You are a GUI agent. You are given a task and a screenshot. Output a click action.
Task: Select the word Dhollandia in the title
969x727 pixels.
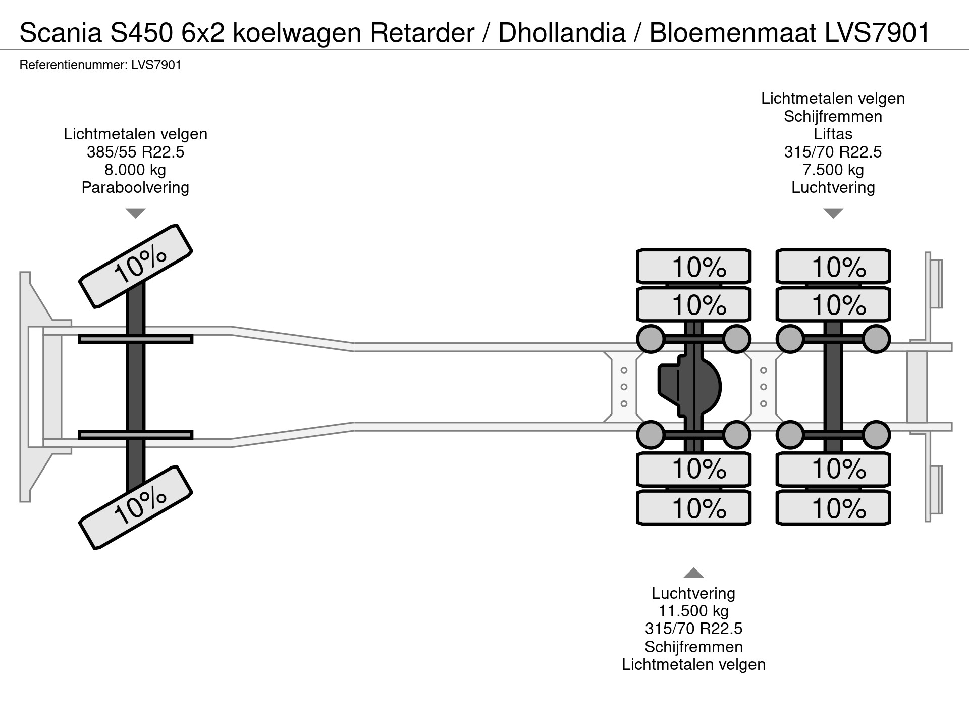point(562,33)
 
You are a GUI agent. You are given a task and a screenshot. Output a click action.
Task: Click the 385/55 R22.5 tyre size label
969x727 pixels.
point(135,152)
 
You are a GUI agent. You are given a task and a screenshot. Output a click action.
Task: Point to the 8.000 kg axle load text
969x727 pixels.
point(135,170)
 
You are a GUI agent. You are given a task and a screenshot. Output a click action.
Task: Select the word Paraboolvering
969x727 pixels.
point(135,188)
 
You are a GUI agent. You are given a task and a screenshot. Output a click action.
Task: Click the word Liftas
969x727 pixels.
point(833,134)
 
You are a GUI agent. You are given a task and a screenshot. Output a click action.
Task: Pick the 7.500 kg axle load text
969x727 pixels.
point(833,170)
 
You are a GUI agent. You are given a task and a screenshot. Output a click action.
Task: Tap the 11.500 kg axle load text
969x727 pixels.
point(693,611)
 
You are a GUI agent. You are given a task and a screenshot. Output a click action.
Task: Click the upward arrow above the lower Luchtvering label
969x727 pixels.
point(693,573)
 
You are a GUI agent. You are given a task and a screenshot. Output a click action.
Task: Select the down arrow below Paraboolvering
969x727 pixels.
point(135,214)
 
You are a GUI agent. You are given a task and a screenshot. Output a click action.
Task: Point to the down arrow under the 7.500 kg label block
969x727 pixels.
point(833,214)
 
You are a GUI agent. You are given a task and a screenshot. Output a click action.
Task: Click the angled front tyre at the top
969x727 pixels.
point(136,266)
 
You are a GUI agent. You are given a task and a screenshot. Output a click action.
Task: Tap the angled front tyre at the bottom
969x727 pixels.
point(136,507)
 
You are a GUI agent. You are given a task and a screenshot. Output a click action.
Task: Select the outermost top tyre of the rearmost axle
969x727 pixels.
point(833,266)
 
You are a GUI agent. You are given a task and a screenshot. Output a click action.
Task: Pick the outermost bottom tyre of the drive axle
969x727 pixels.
point(693,508)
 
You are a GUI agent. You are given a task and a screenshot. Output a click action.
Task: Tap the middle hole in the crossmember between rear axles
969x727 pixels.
point(763,387)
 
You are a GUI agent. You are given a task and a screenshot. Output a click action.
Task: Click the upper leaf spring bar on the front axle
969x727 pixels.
point(135,339)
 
